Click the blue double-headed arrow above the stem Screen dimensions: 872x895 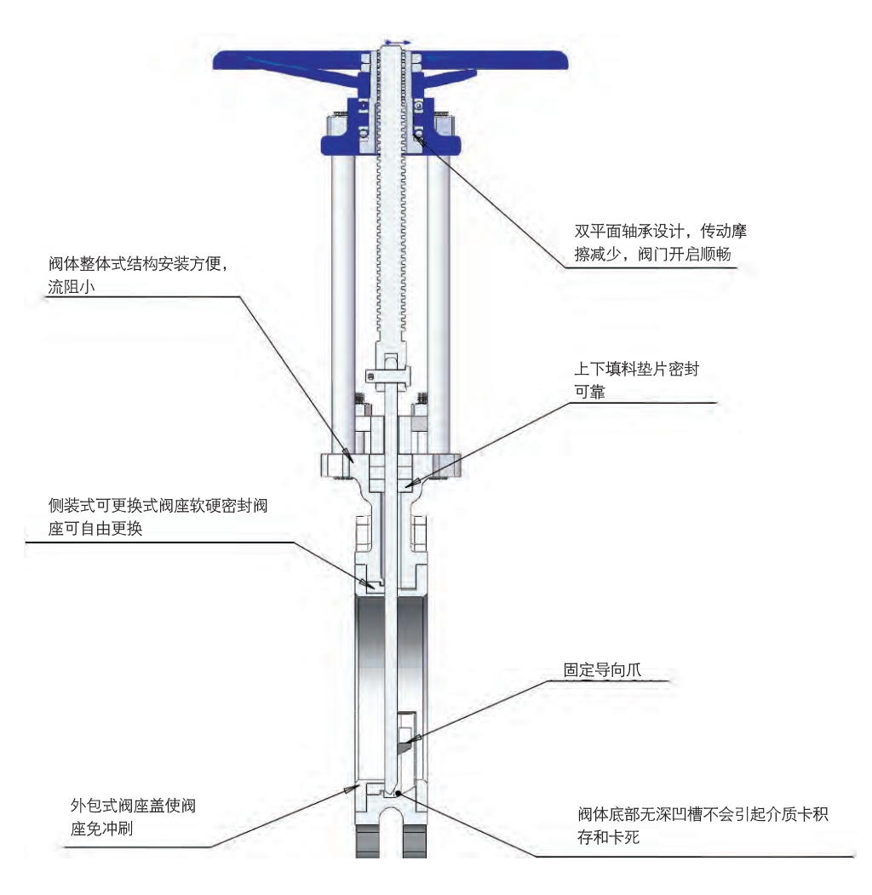point(397,43)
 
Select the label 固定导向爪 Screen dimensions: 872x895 point(602,669)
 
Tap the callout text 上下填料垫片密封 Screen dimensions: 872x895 point(636,369)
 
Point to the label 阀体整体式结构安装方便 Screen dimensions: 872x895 point(134,264)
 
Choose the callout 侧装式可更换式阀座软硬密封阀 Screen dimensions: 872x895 point(158,506)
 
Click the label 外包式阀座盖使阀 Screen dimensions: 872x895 point(133,806)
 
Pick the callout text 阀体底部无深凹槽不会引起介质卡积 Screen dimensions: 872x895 point(703,814)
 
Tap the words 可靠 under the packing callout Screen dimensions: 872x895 point(589,392)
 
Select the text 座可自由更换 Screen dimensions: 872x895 point(95,529)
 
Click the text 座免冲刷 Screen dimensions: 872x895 point(101,829)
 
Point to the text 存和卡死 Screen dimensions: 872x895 point(608,837)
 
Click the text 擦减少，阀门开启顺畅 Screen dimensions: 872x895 point(653,254)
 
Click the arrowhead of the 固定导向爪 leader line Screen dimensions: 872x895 point(416,739)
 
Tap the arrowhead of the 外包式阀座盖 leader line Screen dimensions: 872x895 point(348,789)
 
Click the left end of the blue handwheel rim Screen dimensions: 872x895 point(215,60)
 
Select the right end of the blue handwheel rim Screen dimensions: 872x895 point(566,60)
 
